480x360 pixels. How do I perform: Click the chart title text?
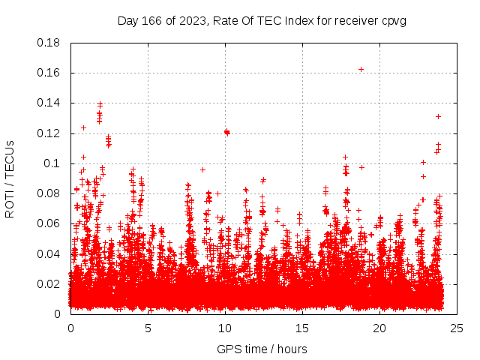point(262,20)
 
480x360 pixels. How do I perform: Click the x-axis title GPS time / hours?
point(262,349)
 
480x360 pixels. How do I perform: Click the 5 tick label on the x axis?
point(148,328)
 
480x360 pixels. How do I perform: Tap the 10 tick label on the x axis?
point(225,328)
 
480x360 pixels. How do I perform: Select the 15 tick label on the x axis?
point(302,328)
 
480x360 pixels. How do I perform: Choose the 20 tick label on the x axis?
point(379,328)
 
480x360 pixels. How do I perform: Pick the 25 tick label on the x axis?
point(457,328)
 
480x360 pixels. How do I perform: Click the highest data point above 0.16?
point(361,69)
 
